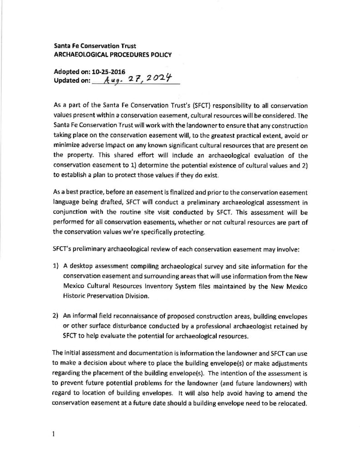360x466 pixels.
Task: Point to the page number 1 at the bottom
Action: (54, 434)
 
